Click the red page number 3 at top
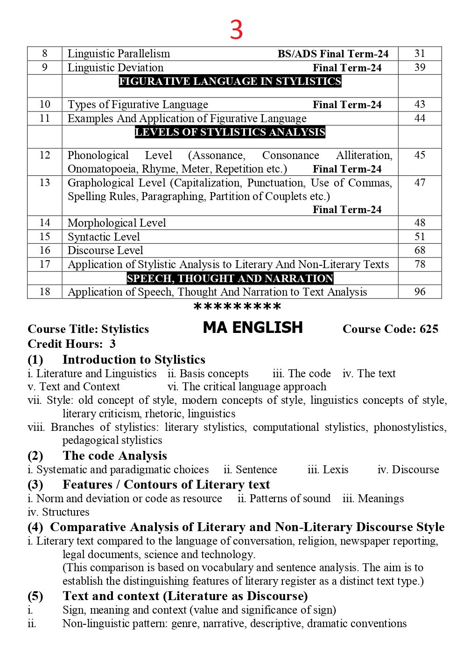(x=236, y=30)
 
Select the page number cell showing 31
(x=420, y=54)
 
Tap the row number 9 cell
(x=45, y=68)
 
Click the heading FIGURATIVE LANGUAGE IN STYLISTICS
(x=230, y=81)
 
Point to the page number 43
(x=420, y=104)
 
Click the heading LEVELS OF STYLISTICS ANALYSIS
(x=230, y=132)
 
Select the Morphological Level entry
(x=117, y=223)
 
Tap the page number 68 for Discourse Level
(x=420, y=250)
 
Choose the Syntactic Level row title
(x=104, y=237)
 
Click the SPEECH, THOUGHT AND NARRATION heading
(x=230, y=278)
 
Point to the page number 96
(x=420, y=292)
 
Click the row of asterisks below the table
(x=237, y=307)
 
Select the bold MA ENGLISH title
(x=253, y=328)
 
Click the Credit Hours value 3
(x=112, y=344)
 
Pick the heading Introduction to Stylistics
(x=134, y=360)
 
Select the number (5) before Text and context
(x=35, y=596)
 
